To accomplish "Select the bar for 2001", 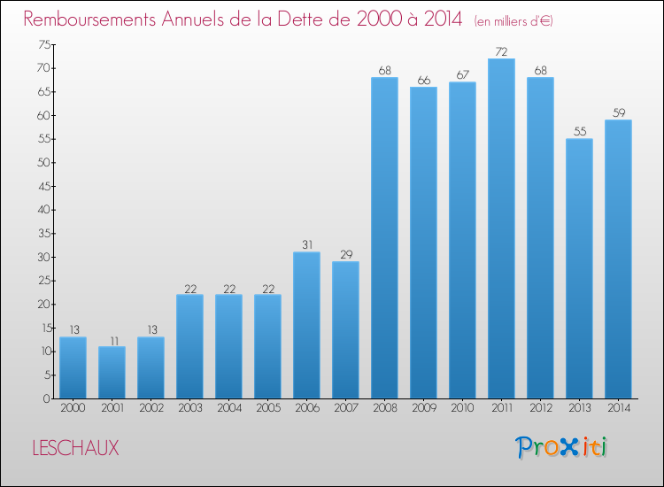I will pos(112,372).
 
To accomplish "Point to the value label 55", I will pos(579,132).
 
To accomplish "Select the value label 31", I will pos(306,245).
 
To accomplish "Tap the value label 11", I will pos(112,340).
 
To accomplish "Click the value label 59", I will pos(618,113).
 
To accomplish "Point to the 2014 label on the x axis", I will pos(618,408).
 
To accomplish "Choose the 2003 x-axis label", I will pos(189,408).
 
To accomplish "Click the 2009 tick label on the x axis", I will pos(423,408).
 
